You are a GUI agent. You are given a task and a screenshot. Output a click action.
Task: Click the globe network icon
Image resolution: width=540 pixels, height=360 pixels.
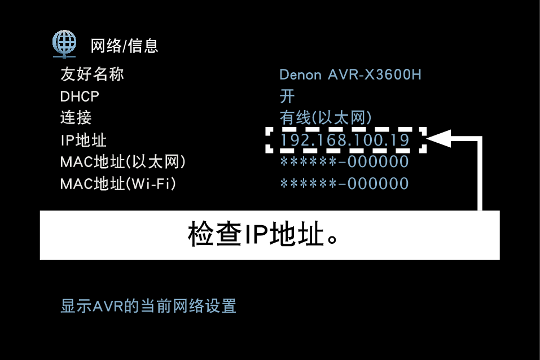click(64, 43)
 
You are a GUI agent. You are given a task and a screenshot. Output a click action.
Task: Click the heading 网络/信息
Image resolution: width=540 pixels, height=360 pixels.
click(124, 46)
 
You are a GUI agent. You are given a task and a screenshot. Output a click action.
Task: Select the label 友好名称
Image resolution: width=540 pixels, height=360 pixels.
click(91, 74)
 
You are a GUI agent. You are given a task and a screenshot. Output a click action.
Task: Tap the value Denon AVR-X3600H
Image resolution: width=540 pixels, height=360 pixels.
click(350, 74)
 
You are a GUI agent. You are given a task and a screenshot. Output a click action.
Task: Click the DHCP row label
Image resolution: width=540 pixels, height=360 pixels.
click(80, 96)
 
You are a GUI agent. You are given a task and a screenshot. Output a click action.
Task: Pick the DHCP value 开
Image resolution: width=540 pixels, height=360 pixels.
click(287, 96)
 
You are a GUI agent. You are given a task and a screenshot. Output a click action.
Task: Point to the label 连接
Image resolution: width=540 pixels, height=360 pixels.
click(76, 118)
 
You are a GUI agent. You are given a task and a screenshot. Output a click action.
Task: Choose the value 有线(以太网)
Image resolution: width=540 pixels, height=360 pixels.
click(326, 118)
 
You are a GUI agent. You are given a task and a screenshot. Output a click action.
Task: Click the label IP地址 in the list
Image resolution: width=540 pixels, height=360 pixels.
click(83, 140)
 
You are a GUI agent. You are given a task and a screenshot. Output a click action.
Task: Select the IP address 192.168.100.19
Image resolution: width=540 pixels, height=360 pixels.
click(345, 140)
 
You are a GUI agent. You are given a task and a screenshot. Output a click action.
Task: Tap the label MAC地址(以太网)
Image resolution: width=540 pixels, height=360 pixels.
click(123, 162)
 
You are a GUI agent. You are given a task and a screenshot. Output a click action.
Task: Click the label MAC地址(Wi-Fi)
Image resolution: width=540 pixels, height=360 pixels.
click(118, 183)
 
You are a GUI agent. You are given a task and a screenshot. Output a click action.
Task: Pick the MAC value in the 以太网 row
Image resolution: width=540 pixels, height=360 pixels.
click(344, 162)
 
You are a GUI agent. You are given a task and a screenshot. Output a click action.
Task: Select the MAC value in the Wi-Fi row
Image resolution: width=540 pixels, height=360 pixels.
click(344, 183)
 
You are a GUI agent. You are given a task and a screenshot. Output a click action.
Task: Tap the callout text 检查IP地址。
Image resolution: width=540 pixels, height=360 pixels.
click(263, 235)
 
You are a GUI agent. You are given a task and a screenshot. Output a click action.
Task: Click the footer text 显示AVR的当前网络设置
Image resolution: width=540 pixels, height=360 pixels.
click(148, 306)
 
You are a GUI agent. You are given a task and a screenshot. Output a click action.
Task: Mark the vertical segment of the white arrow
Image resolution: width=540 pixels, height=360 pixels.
click(480, 175)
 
